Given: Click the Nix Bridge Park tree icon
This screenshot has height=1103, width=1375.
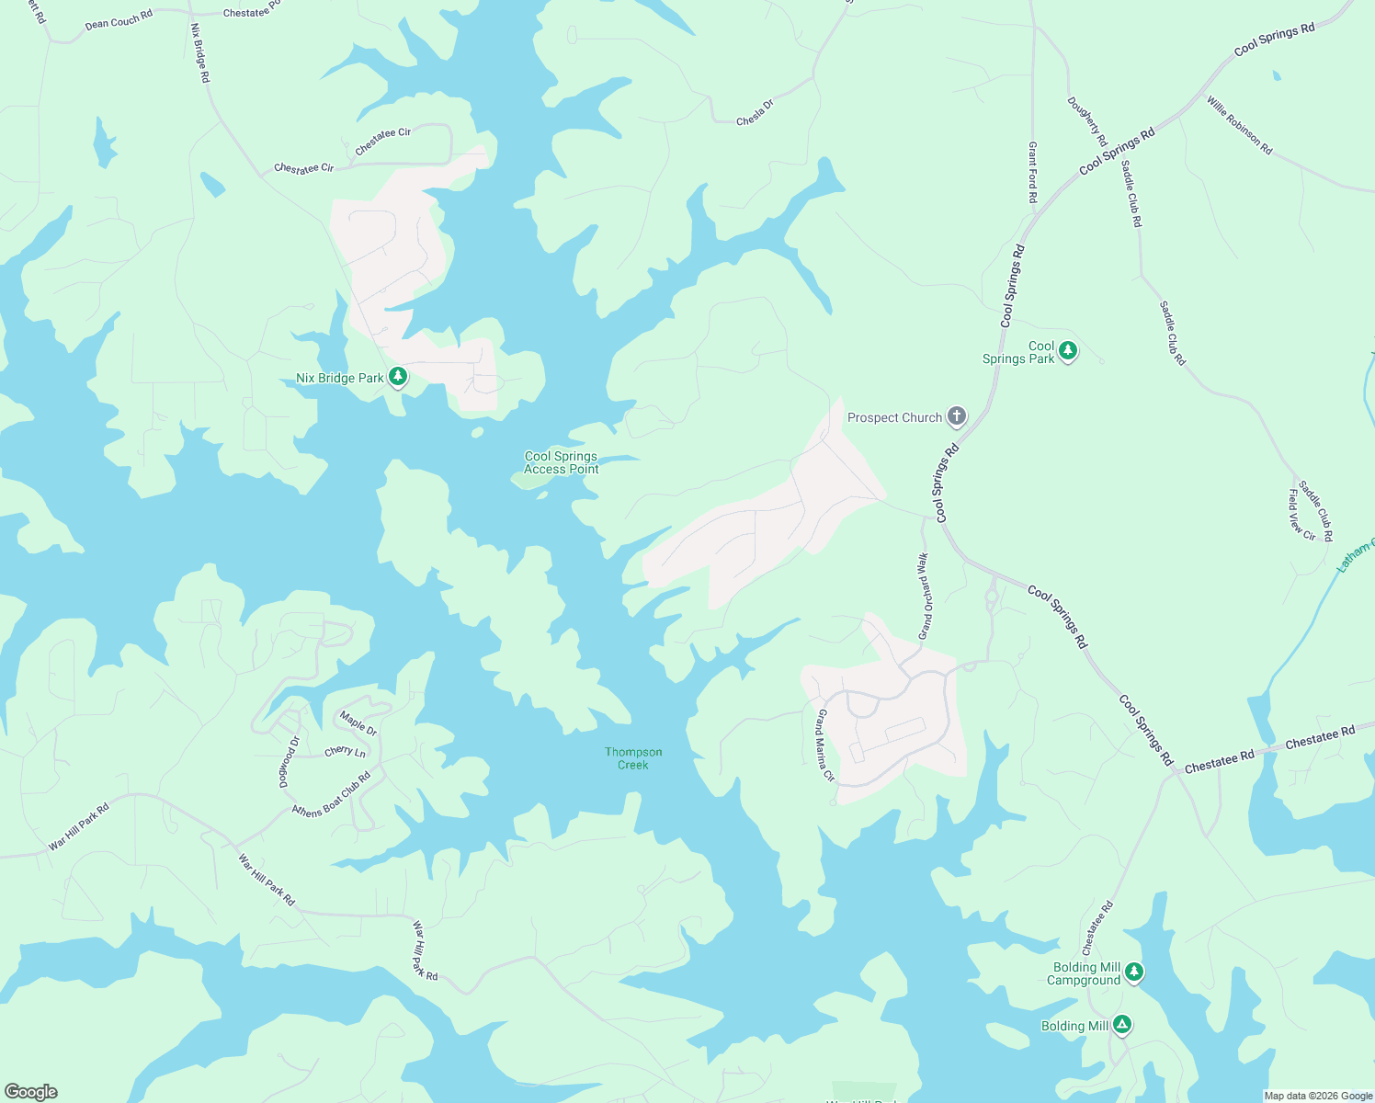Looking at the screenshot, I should (398, 377).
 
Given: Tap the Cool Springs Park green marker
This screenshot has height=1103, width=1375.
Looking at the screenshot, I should (1067, 351).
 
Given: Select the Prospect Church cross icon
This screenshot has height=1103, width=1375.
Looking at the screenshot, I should (956, 417).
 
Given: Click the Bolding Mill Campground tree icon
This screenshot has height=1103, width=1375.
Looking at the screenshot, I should (1134, 972).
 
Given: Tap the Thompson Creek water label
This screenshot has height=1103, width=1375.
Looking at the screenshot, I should (633, 758).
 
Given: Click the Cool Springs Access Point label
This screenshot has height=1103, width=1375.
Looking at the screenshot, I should (561, 462).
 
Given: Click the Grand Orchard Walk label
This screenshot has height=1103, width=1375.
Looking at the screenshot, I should (925, 596).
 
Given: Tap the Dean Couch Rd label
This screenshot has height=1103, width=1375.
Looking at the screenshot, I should (119, 20).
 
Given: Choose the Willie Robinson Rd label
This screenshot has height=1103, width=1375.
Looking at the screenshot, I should (1240, 125).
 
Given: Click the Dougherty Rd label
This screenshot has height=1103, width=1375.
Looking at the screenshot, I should (1087, 121).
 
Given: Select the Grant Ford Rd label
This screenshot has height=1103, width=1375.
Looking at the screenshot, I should (1032, 173).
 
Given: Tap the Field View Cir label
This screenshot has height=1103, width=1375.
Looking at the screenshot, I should (1301, 515).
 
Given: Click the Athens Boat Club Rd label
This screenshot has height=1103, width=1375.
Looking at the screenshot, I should (331, 795).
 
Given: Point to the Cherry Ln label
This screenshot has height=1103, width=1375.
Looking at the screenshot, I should (345, 752).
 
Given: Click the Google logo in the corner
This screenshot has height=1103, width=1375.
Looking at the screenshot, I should (31, 1092).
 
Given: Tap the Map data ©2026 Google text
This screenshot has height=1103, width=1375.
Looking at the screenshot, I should (1318, 1096).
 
